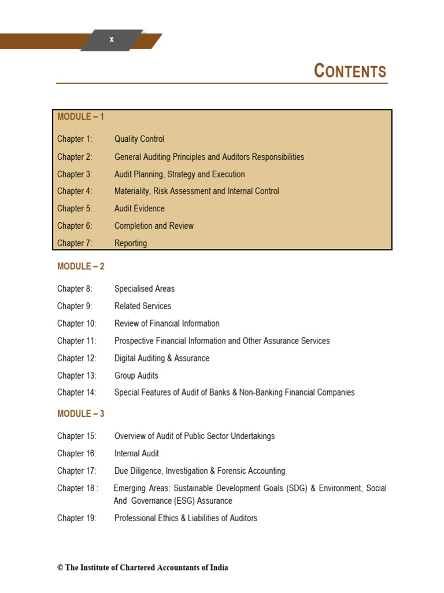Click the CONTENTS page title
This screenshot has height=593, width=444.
[350, 71]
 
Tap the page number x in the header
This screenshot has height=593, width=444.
[112, 40]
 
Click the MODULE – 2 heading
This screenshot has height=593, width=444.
[80, 266]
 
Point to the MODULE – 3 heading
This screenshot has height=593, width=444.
[80, 413]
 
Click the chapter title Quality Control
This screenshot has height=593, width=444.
[139, 139]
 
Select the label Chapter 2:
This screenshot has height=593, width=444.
[75, 157]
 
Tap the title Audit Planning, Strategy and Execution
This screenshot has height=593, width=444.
[179, 174]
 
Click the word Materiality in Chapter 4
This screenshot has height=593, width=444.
[134, 191]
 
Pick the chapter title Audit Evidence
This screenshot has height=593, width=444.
[139, 208]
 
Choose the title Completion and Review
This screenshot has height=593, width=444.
[154, 226]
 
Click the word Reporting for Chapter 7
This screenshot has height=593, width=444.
[131, 243]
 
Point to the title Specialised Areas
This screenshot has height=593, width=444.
[145, 288]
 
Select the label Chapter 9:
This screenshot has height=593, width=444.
[75, 306]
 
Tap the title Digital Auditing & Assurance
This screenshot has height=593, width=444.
[162, 358]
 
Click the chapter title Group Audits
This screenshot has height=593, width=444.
[136, 375]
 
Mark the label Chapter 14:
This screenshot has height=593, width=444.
[76, 393]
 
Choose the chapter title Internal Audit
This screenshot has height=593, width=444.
[136, 453]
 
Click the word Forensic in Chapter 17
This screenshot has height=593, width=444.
[228, 471]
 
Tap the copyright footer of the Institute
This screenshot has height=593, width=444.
[142, 568]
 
